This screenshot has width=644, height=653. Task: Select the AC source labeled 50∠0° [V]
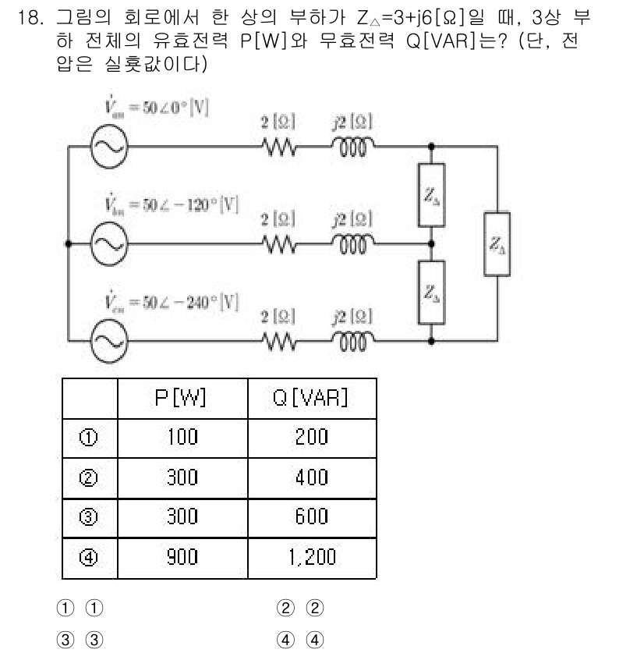coord(104,147)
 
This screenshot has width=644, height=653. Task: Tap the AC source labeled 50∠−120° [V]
coord(104,243)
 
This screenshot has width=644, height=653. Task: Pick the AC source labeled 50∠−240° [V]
coord(104,340)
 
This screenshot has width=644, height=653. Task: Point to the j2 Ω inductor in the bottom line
coord(352,340)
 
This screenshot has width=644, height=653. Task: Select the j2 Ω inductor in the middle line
coord(352,243)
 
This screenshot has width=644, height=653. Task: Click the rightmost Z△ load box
coord(497,243)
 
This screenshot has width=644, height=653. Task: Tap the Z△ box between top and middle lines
coord(432,194)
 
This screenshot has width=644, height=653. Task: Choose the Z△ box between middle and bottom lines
coord(432,292)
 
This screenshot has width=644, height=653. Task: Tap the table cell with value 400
coord(311,477)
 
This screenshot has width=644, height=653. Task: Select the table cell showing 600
coord(311,517)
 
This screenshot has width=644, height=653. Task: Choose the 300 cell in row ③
coord(182,517)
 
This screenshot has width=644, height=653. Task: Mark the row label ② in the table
coord(88,477)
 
